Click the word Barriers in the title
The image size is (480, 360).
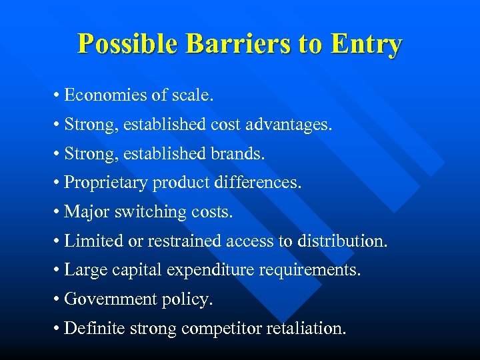click(237, 44)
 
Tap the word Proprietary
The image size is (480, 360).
click(106, 183)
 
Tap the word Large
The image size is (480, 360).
click(84, 271)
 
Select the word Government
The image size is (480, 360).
click(111, 299)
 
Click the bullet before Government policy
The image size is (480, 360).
click(59, 299)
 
